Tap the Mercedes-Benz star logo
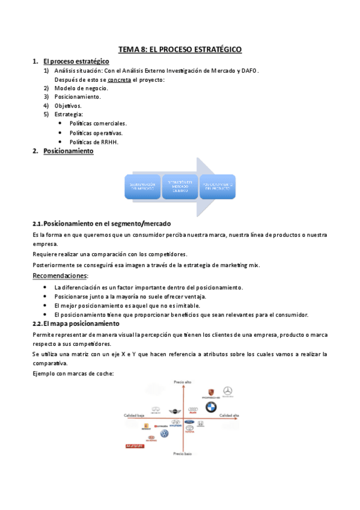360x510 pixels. pos(227,392)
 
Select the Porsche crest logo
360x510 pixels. pos(210,392)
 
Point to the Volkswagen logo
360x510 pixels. pos(165,433)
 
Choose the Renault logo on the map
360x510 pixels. pos(145,426)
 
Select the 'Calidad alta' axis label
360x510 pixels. pos(229,416)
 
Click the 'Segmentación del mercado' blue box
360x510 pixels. pos(142,186)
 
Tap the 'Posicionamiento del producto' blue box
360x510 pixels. pos(218,186)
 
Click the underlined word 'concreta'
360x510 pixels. pos(120,79)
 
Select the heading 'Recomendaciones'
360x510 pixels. pos(59,275)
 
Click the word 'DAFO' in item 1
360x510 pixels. pos(249,70)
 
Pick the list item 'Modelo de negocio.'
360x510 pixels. pos(81,88)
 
